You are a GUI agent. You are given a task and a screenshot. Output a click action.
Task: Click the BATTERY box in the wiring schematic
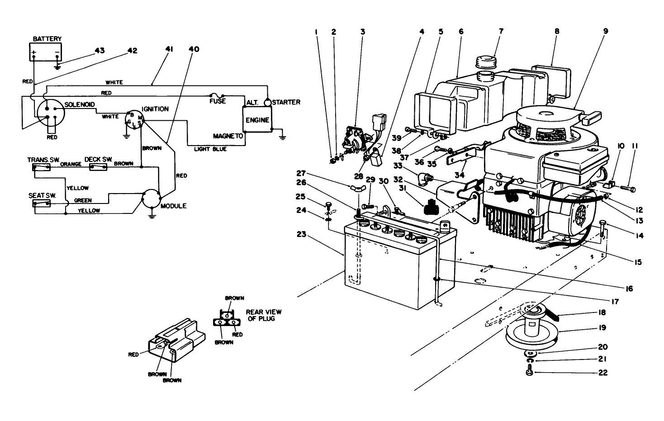[45, 52]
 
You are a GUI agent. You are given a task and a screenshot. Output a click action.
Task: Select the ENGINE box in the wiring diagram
[257, 120]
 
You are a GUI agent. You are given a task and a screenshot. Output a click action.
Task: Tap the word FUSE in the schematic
[218, 101]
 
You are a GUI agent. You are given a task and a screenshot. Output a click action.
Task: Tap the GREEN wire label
[83, 200]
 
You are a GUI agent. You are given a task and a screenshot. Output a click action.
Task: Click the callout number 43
[100, 51]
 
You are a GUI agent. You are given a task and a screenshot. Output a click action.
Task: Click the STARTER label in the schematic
[286, 102]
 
